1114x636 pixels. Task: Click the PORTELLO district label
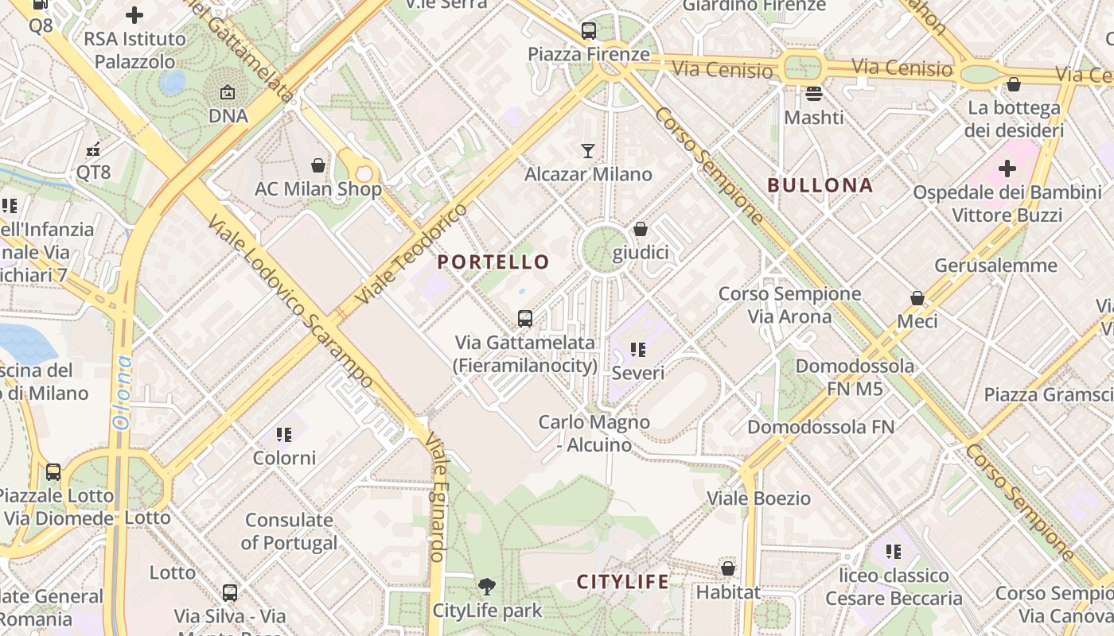pos(493,262)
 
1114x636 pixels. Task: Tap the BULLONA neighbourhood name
pos(820,185)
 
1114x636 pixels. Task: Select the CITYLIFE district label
pos(623,581)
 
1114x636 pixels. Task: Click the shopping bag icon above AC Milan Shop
pos(318,165)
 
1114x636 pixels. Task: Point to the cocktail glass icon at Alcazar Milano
pos(588,150)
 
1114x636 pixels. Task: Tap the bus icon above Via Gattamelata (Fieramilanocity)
pos(525,319)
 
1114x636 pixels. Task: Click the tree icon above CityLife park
pos(486,587)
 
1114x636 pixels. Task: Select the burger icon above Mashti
pos(813,94)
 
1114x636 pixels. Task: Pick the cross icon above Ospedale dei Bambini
pos(1007,169)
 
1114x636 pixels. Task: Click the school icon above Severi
pos(637,349)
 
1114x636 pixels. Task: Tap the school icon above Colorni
pos(284,434)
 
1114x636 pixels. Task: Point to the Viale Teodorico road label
pos(411,254)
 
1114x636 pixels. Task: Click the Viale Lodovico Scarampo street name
pos(290,302)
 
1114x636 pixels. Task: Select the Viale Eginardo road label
pos(436,497)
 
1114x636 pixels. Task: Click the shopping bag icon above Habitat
pos(728,568)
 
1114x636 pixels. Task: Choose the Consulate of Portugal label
pos(289,532)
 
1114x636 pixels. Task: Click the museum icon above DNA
pos(228,92)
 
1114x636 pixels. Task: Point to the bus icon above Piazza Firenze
pos(589,31)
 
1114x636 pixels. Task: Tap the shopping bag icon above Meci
pos(917,298)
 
